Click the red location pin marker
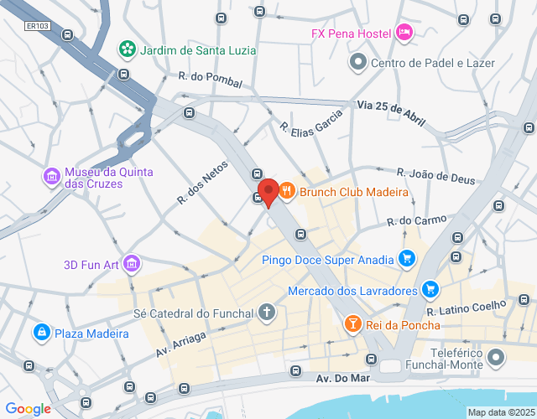(x=268, y=192)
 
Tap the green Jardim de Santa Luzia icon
(x=127, y=49)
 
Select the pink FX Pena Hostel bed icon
(x=404, y=33)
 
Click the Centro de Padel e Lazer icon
(x=358, y=61)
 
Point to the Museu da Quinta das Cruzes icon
(x=51, y=177)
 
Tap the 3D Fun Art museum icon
(x=130, y=266)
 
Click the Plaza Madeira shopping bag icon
(x=39, y=333)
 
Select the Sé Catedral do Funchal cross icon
(x=267, y=313)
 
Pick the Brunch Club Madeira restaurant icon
(x=287, y=192)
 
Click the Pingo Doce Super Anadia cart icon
(x=407, y=259)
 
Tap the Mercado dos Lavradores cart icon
(x=430, y=290)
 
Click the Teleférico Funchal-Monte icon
(x=496, y=358)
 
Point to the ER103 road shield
(x=37, y=26)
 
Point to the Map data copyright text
(x=500, y=412)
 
